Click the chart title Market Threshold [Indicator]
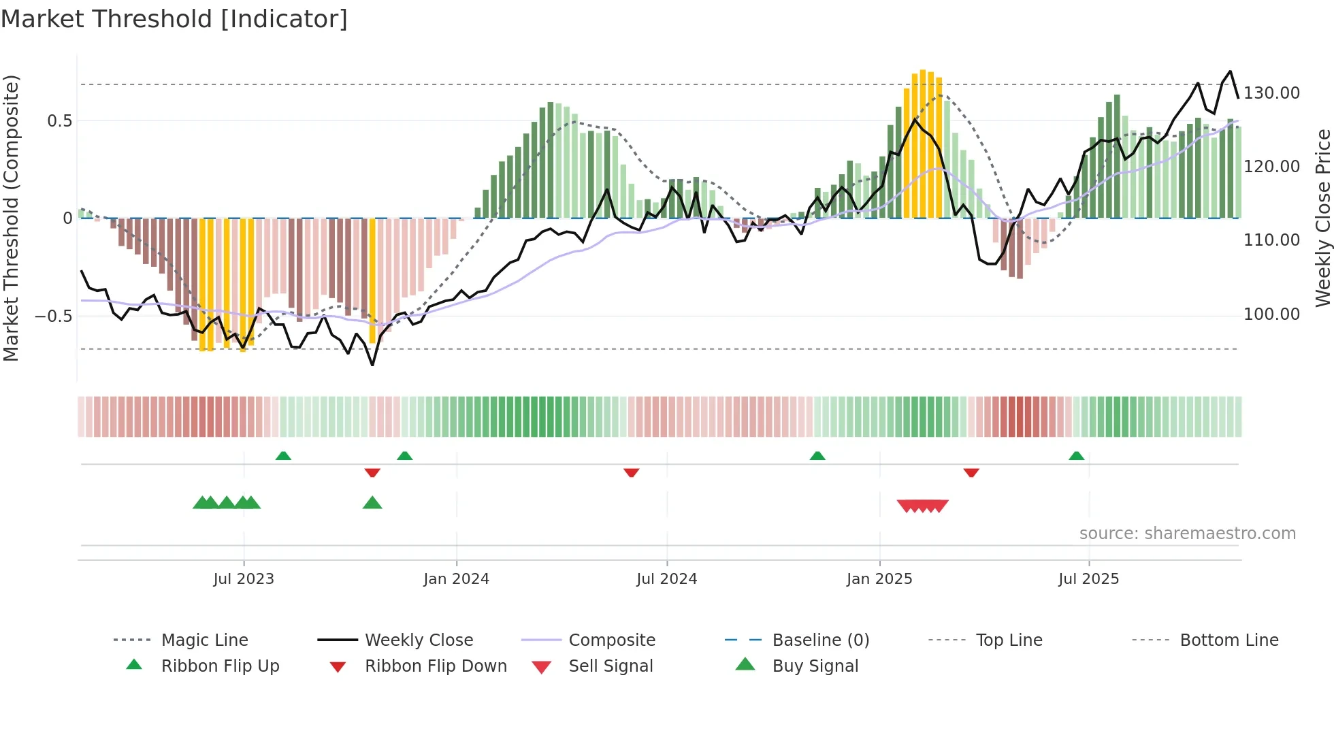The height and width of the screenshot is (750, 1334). [x=174, y=19]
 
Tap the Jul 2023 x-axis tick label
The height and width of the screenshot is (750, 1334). [x=244, y=578]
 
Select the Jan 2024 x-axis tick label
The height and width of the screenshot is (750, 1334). [x=456, y=578]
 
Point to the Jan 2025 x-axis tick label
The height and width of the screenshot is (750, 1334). [x=879, y=578]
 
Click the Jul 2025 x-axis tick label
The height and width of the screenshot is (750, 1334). [x=1088, y=578]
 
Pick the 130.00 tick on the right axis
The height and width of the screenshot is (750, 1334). [x=1271, y=93]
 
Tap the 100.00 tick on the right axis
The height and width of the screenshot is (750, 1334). [x=1271, y=314]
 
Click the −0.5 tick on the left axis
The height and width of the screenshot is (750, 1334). [x=53, y=316]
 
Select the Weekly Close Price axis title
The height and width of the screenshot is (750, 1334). [x=1322, y=218]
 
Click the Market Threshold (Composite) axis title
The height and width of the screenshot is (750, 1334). [x=11, y=218]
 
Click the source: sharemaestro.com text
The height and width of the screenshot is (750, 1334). [x=1187, y=534]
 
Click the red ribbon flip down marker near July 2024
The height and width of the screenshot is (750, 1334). [x=631, y=472]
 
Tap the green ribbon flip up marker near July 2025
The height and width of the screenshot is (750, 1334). [x=1076, y=456]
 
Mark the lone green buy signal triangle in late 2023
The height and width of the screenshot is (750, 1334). [x=372, y=503]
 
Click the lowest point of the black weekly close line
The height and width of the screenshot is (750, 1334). [x=372, y=365]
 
